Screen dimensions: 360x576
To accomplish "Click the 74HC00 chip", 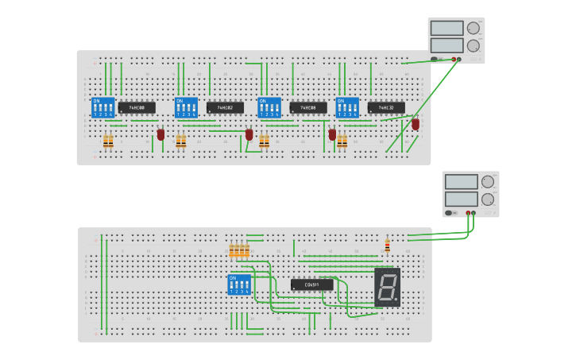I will tap(137, 107).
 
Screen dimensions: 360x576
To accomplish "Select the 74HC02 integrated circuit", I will tap(225, 107).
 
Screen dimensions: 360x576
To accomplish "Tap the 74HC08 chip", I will tap(308, 107).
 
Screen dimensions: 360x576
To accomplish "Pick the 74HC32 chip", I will tap(386, 107).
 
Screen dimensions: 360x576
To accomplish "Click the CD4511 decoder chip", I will tap(311, 285).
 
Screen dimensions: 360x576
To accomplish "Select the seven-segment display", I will tap(387, 287).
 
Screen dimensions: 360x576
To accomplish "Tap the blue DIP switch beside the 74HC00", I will tap(103, 107).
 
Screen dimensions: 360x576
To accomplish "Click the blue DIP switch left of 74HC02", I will tap(186, 107).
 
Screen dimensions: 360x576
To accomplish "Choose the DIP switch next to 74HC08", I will tap(269, 107).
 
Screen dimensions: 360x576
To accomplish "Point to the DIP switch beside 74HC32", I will tap(347, 107).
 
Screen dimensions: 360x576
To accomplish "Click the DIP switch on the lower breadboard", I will tap(239, 285).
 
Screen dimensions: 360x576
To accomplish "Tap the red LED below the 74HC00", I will tap(160, 134).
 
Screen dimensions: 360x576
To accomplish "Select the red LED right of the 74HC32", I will tap(416, 124).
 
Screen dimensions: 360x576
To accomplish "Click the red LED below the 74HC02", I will tap(249, 134).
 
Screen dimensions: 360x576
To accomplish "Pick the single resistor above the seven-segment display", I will tap(387, 246).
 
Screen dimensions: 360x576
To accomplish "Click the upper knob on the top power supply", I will tap(474, 28).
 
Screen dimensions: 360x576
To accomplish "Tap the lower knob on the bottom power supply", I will tap(488, 199).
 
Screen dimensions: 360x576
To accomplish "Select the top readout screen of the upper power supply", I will tap(446, 28).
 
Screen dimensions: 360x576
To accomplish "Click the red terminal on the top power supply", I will tap(454, 59).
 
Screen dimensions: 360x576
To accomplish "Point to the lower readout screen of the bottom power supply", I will tap(461, 199).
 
